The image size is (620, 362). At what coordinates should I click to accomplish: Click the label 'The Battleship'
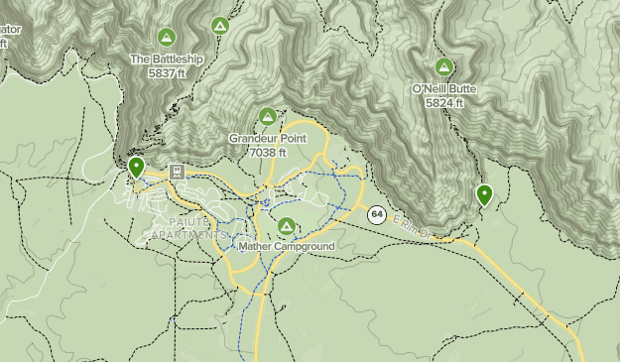point(167,60)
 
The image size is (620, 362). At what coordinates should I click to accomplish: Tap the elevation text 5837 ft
point(167,73)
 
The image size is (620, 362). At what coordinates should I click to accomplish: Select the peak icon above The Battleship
point(167,38)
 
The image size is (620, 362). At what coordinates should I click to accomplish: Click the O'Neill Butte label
point(444,89)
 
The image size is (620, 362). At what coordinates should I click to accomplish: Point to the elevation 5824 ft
point(444,102)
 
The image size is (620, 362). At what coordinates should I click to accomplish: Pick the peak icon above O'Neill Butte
point(444,67)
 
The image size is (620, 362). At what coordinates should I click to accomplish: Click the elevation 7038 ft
point(268,153)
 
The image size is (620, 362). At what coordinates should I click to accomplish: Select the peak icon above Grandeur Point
point(268,117)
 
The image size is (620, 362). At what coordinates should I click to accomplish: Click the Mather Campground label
point(287,246)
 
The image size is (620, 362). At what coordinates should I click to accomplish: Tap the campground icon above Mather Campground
point(287,226)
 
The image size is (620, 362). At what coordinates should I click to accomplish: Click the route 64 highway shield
point(377,213)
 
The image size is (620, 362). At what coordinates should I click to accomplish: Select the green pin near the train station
point(136,166)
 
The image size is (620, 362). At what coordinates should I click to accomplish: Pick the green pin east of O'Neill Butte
point(484,194)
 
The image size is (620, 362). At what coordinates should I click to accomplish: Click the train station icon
point(177,171)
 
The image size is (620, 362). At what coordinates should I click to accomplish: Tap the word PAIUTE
point(187,222)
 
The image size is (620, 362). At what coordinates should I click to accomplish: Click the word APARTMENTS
point(188,235)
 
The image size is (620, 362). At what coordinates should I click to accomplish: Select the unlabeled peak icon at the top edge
point(220,26)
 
